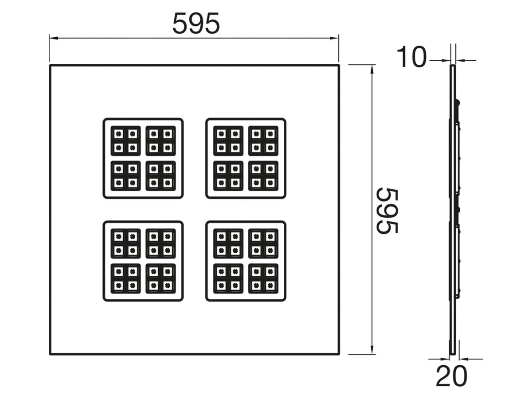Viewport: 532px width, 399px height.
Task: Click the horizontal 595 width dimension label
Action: (x=196, y=23)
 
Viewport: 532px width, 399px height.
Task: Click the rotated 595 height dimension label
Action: (x=387, y=211)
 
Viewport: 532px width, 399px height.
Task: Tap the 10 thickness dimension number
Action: (x=411, y=58)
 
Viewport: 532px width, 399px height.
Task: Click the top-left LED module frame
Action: (x=143, y=158)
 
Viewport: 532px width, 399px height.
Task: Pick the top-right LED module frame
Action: (x=246, y=158)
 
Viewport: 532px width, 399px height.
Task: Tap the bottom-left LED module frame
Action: (x=143, y=261)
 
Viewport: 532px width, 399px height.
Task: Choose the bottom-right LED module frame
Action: (x=246, y=261)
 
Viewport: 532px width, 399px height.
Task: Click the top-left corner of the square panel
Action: (x=50, y=66)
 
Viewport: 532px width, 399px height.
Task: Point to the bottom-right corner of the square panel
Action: (x=339, y=354)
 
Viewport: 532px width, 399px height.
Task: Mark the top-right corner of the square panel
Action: (x=339, y=66)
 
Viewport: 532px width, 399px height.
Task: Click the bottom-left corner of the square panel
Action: (x=50, y=354)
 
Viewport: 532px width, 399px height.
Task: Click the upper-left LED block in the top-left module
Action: (x=125, y=141)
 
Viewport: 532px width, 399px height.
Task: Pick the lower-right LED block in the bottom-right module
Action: (x=263, y=278)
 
